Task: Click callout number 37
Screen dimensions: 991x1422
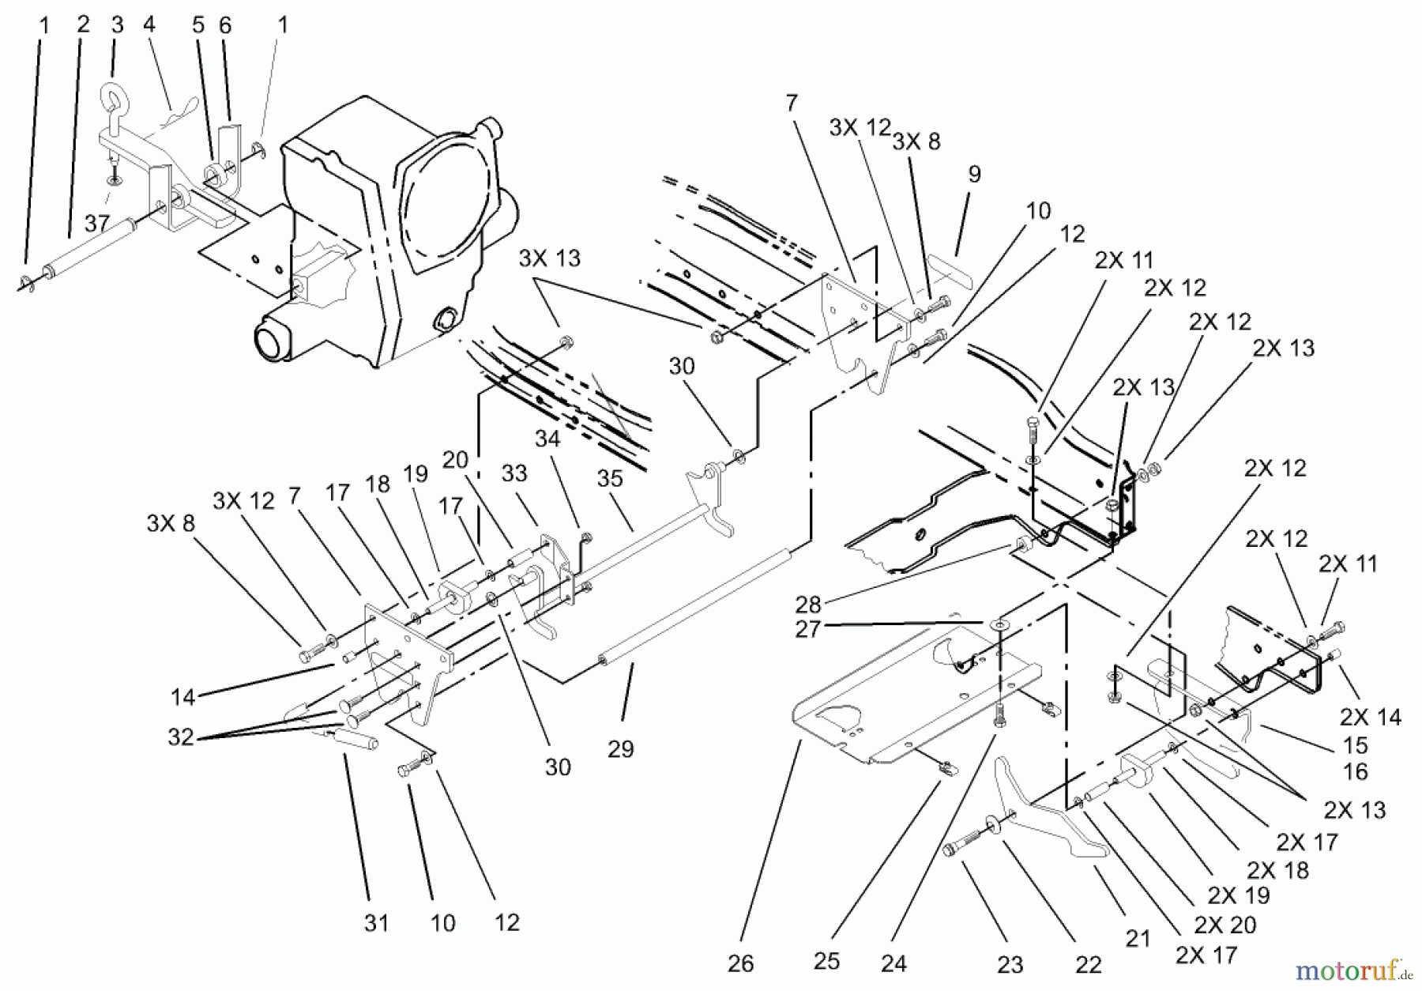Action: pos(96,224)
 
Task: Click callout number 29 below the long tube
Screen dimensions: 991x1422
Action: pos(620,748)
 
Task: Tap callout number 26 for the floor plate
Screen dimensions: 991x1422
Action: pos(740,963)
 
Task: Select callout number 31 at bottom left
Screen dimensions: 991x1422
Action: pos(376,922)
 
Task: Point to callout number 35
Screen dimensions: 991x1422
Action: pos(610,478)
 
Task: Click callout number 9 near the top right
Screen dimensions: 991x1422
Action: pos(974,174)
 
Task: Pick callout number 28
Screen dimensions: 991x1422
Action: pos(808,605)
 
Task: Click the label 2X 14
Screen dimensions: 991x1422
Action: pos(1370,717)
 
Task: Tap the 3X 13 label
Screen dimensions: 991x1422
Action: pos(549,258)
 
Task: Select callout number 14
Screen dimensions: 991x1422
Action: pos(182,697)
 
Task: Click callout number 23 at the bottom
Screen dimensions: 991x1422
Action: pos(1010,964)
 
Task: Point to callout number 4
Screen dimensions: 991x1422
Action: pos(149,24)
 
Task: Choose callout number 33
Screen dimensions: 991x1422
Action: pos(513,473)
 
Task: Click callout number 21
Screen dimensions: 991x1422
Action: pos(1138,939)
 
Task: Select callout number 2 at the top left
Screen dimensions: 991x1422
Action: pos(84,24)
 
